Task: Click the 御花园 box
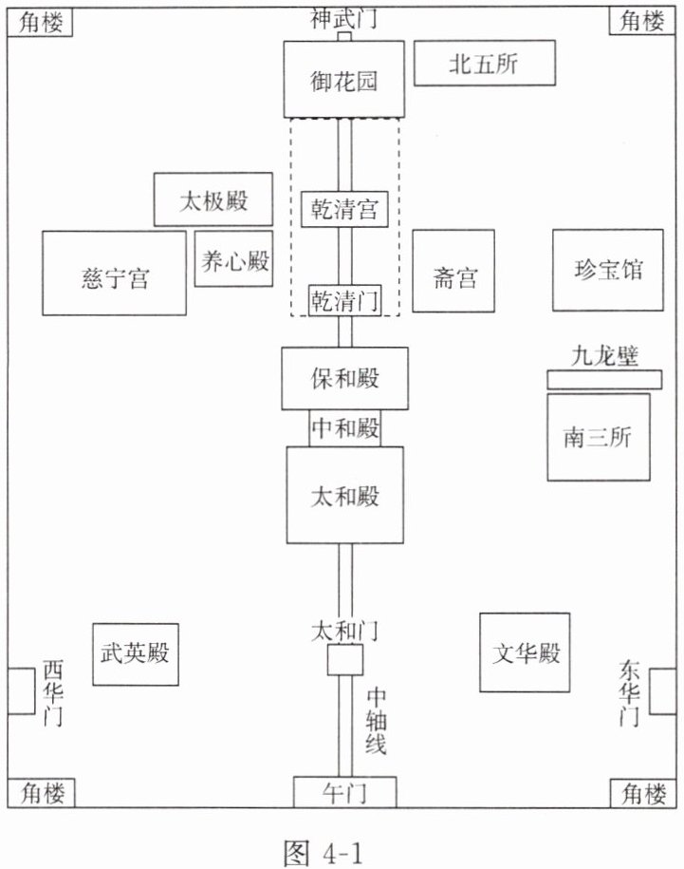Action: [x=343, y=79]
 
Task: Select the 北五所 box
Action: [x=484, y=63]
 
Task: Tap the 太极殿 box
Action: [x=213, y=199]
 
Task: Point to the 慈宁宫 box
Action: [x=114, y=274]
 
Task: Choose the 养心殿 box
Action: [x=233, y=259]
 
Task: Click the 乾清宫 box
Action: [x=344, y=209]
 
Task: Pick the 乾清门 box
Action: [x=344, y=300]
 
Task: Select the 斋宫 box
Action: [x=453, y=271]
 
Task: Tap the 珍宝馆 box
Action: [x=607, y=270]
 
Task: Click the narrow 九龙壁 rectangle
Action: [x=604, y=380]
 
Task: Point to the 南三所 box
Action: [x=599, y=437]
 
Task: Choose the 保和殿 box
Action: [x=344, y=379]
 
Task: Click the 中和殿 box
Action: [x=344, y=427]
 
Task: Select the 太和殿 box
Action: [x=344, y=495]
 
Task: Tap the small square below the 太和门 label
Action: [x=344, y=659]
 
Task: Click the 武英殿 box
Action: [x=135, y=654]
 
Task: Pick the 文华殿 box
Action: [x=525, y=652]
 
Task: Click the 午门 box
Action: [x=344, y=792]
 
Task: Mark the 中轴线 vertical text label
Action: [x=376, y=721]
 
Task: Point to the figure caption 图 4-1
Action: [x=323, y=852]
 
